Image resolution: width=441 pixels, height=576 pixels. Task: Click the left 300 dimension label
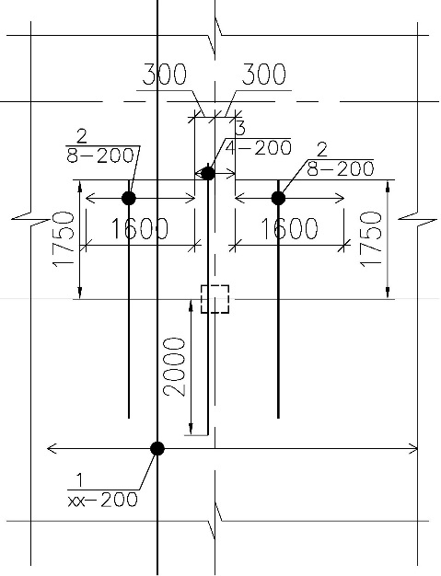coord(164,75)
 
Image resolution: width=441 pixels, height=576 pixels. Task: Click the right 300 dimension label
coord(263,75)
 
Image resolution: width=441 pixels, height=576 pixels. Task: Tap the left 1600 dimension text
coord(139,228)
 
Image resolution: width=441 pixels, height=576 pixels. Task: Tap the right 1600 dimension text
coord(289,228)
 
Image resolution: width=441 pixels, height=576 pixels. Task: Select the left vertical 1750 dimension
coord(63,239)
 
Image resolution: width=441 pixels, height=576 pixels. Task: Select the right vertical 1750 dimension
coord(371,239)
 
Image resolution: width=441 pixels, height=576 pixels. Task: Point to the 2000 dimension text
coord(174,366)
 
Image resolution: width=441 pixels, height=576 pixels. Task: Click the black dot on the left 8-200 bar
coord(129,199)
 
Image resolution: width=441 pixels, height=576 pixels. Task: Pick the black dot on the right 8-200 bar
coord(278,199)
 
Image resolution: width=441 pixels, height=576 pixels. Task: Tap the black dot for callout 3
coord(208,173)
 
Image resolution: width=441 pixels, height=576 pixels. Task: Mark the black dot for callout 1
coord(157,448)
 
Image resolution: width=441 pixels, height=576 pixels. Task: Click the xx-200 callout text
coord(102,500)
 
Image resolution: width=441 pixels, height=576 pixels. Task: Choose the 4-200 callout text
coord(259,147)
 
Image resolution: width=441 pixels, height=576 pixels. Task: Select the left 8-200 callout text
coord(100,156)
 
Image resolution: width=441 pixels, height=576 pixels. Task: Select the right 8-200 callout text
coord(341,169)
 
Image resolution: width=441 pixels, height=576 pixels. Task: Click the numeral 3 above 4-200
coord(239,128)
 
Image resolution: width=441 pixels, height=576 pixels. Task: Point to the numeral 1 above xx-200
coord(79,480)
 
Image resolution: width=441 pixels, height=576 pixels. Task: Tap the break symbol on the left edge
coord(31,219)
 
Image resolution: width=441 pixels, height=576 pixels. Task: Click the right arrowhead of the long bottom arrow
coord(413,448)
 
